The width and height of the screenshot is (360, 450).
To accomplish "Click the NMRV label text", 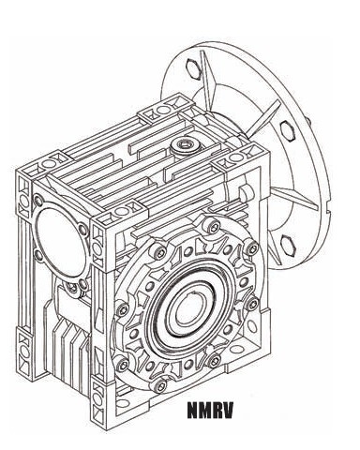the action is point(210,410).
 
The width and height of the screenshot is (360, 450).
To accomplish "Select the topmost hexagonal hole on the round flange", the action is point(193,67).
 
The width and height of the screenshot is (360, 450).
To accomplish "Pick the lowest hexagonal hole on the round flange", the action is point(288,245).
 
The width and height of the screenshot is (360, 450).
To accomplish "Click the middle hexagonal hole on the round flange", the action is point(288,131).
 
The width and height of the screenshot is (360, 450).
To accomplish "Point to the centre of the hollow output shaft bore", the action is point(187,310).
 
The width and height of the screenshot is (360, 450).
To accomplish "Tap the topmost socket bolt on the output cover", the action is point(213,226).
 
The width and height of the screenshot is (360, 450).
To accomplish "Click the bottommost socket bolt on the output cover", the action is point(160,386).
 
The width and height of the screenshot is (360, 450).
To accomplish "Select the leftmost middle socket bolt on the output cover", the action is point(122,309).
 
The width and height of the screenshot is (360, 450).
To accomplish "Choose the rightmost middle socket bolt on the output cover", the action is point(252,303).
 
